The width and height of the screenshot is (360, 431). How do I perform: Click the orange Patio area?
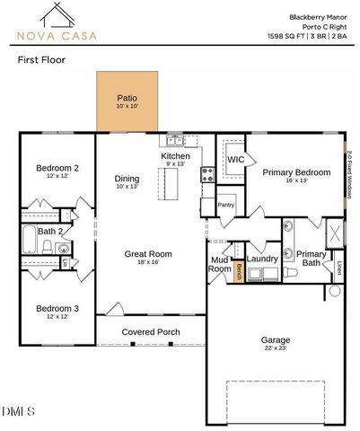coord(127,101)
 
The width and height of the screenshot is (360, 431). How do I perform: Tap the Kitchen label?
coord(175,156)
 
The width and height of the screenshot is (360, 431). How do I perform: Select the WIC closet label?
coord(235,160)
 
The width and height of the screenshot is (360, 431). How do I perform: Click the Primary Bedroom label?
coord(296,173)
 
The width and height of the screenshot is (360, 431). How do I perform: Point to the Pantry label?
coord(225,205)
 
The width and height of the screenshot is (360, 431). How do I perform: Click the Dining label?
coord(128,178)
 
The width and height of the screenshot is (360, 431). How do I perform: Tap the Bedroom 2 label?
coord(57,168)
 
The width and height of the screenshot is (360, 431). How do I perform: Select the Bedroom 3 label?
coord(57,309)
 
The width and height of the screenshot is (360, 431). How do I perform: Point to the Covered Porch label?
coord(151,331)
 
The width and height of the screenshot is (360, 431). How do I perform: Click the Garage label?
coord(275,340)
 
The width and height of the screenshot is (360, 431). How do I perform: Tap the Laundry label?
coord(262,259)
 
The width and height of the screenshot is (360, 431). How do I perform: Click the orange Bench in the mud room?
coord(240,271)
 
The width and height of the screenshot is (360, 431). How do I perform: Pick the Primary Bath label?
coord(312,259)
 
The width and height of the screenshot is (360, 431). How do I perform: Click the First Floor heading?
coord(41,60)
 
